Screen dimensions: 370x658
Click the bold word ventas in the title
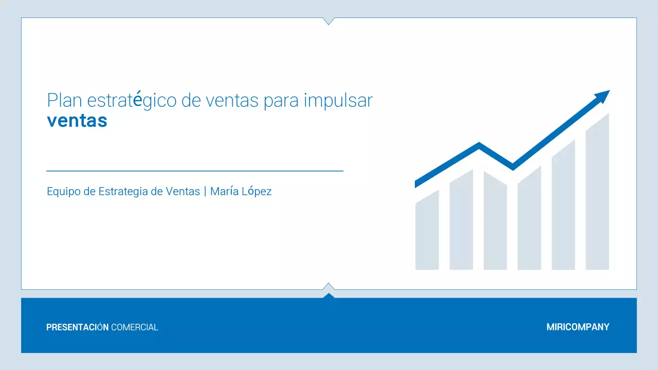coord(77,121)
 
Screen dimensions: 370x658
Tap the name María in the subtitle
coord(224,192)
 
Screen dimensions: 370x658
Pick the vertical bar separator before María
coord(205,192)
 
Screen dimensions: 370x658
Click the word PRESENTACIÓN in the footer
coord(78,327)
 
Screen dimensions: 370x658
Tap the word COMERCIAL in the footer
coord(135,327)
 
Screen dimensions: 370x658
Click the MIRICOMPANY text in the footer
coord(578,327)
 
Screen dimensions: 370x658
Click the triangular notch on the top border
coord(328,21)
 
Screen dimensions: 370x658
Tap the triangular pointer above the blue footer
coord(328,294)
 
